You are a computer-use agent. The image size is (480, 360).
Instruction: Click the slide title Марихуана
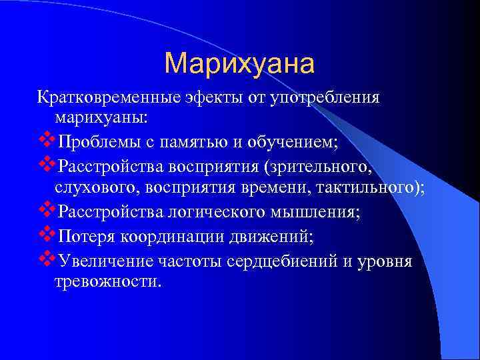[x=239, y=63]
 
